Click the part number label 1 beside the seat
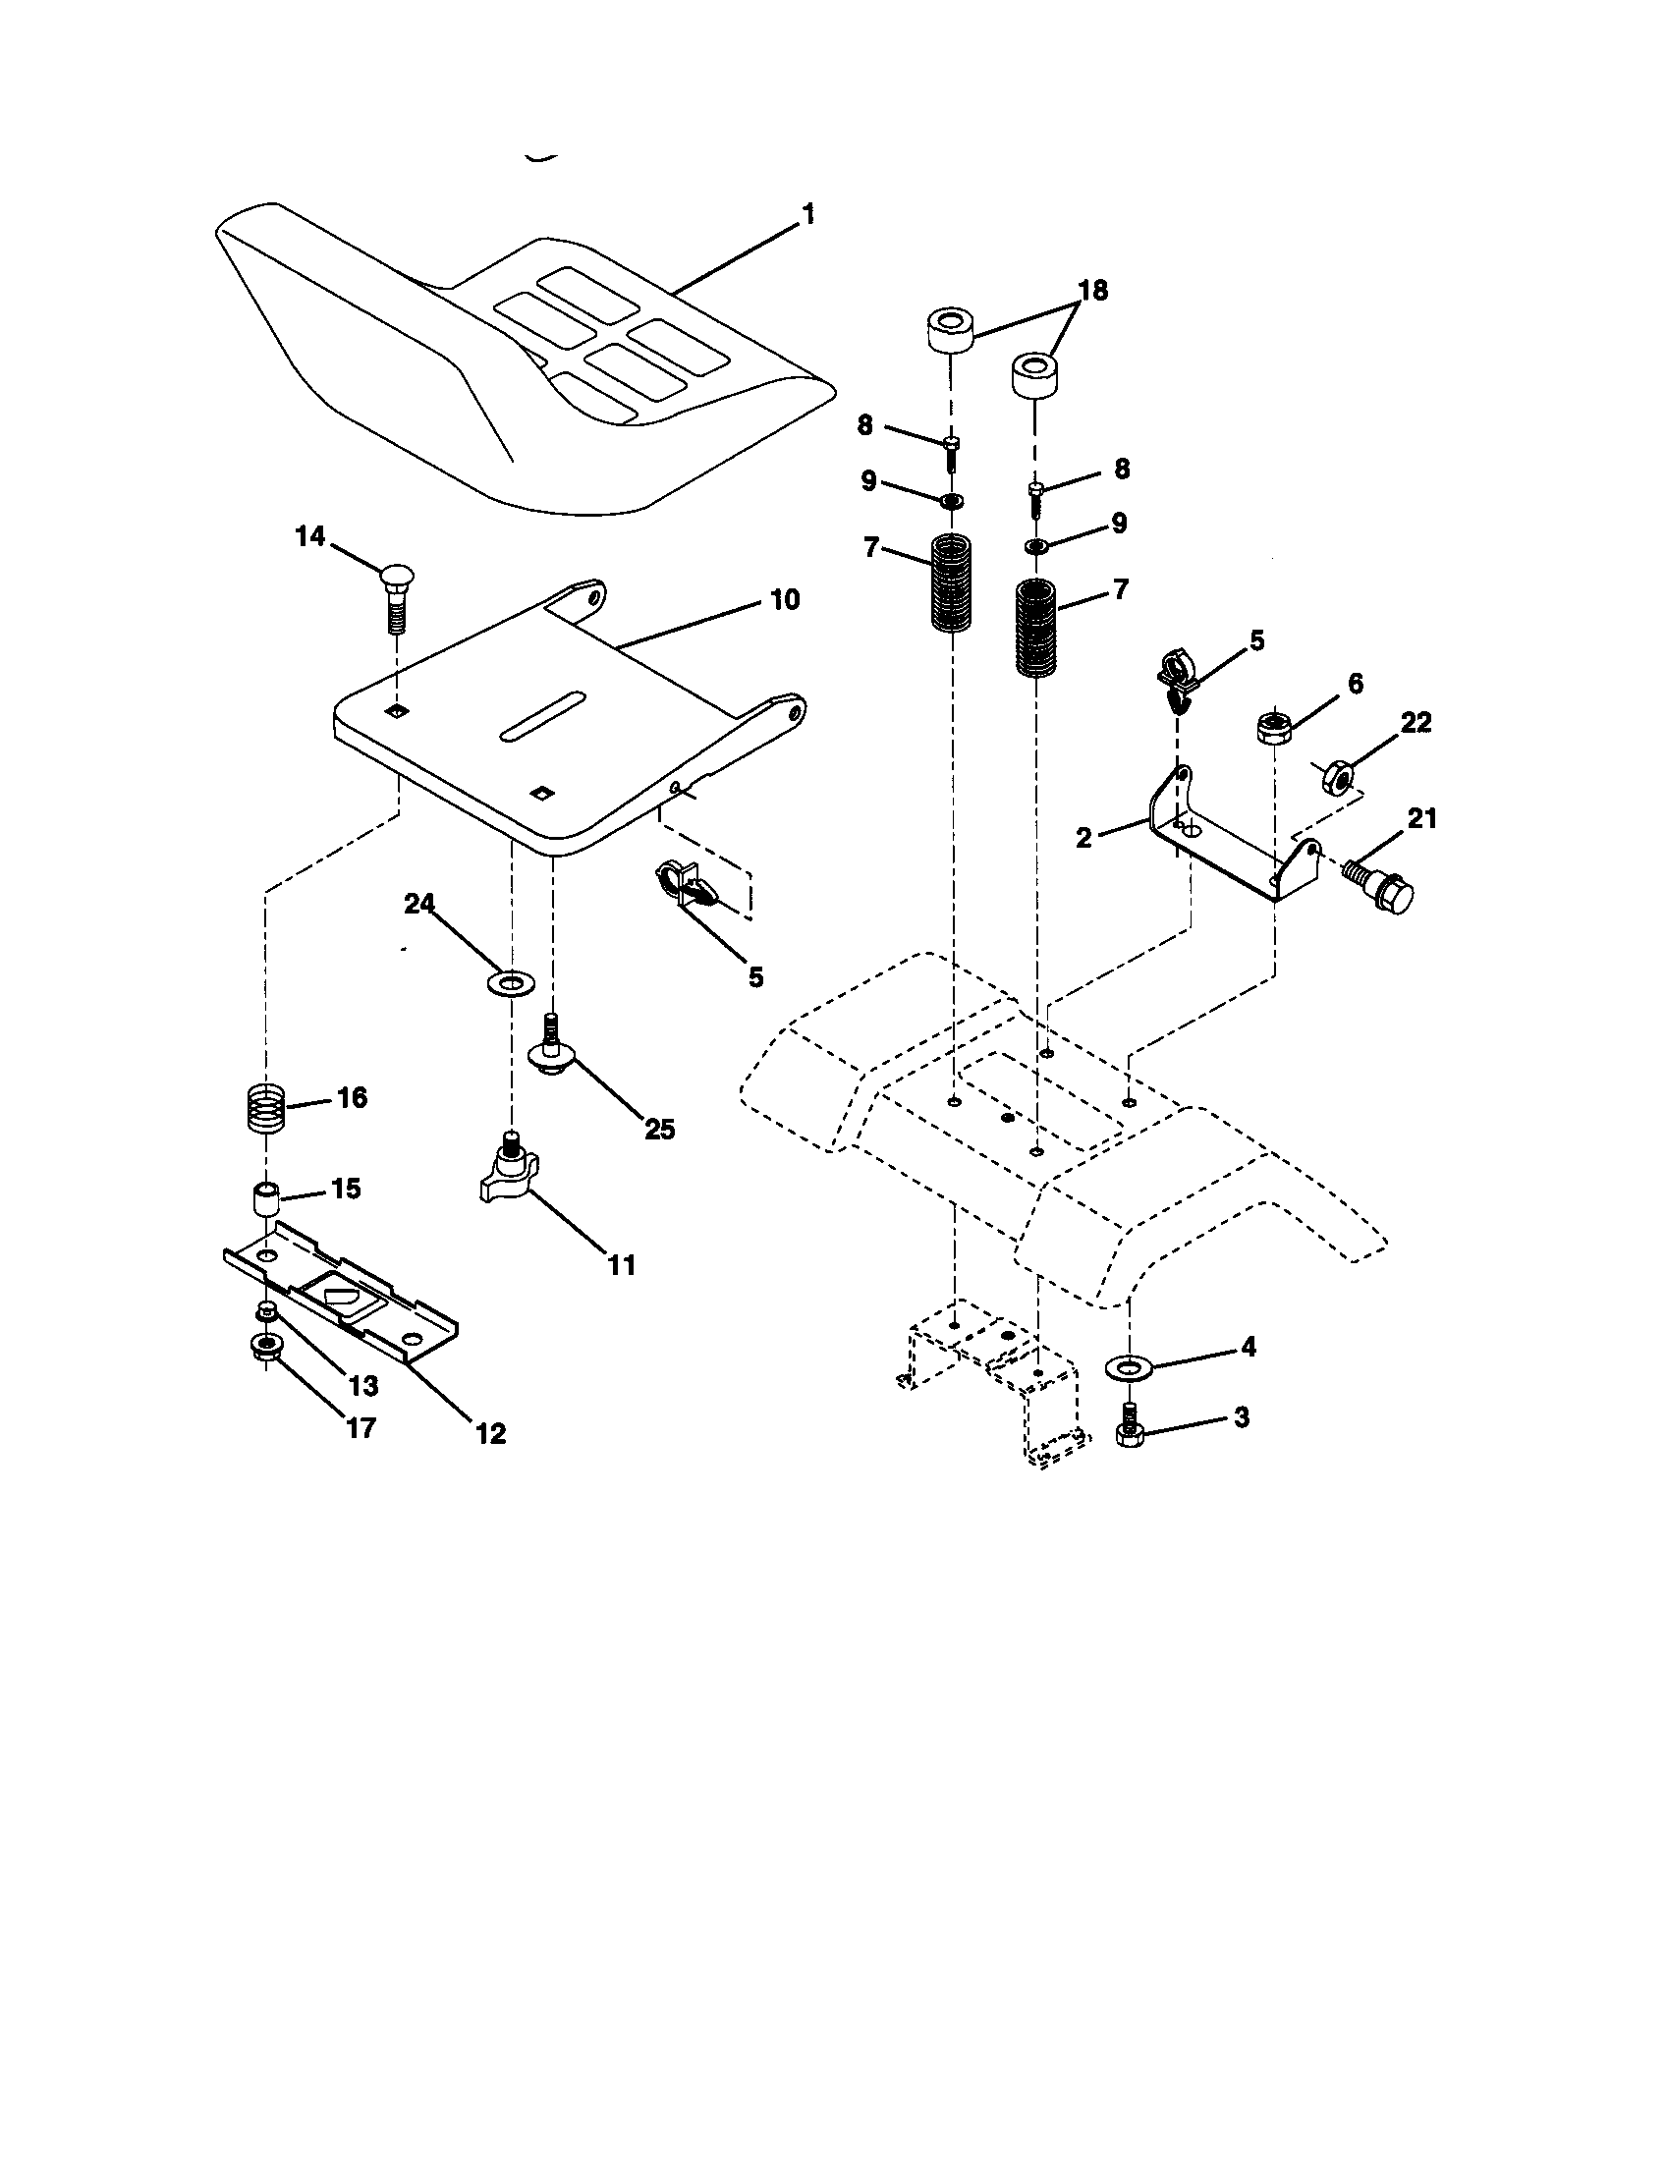click(x=808, y=214)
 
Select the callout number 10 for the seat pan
click(x=784, y=599)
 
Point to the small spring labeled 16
click(x=265, y=1111)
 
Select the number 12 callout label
click(x=491, y=1434)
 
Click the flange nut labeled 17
click(x=264, y=1348)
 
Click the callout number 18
click(x=1092, y=291)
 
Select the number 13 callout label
click(x=363, y=1386)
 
